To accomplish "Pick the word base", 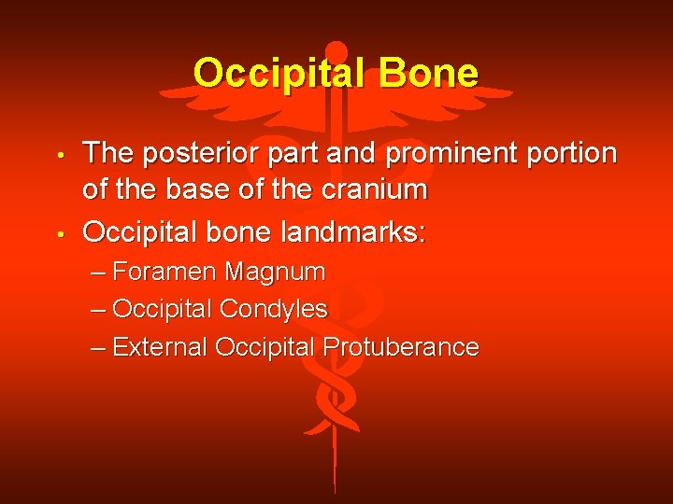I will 214,190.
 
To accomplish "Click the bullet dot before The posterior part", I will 58,154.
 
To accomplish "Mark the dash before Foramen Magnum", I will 99,273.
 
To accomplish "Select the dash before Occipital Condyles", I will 99,310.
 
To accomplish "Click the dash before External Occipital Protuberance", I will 99,348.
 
